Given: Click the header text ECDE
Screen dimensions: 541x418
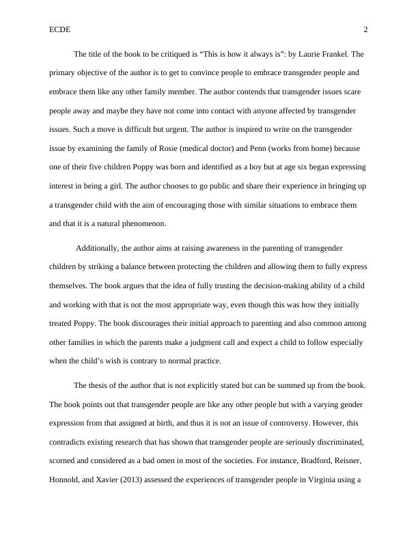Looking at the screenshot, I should (60, 29).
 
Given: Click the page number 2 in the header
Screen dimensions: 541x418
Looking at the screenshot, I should (365, 29).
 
